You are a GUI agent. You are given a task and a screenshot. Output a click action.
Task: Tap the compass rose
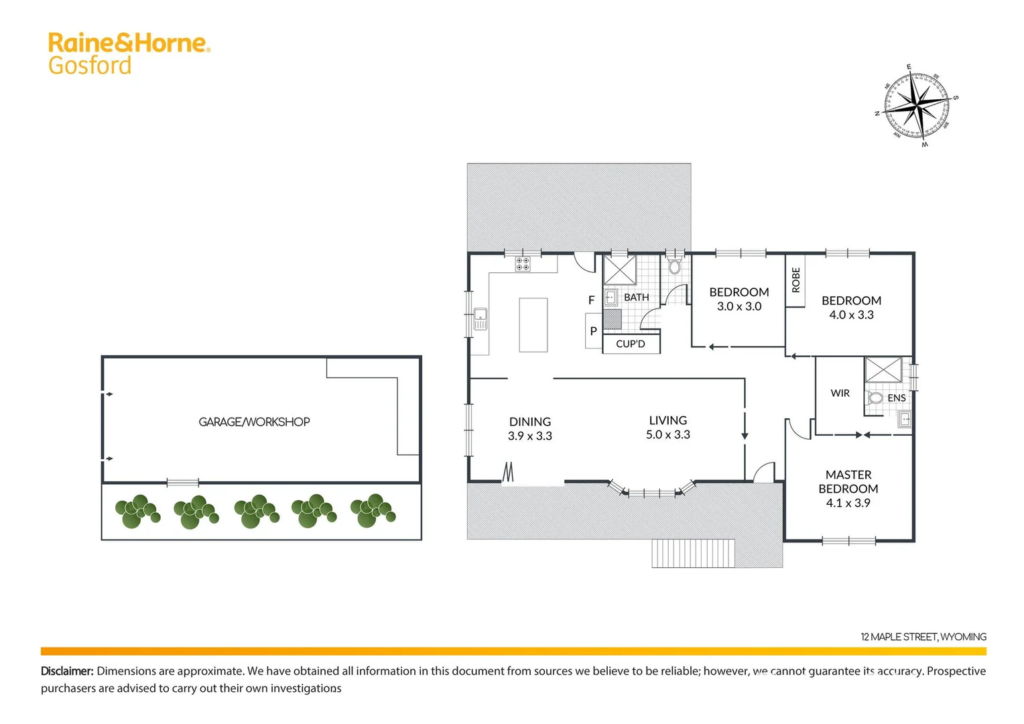(x=917, y=105)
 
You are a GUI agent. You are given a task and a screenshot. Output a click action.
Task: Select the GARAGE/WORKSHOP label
(x=254, y=422)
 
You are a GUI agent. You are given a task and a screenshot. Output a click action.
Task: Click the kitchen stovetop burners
(x=523, y=264)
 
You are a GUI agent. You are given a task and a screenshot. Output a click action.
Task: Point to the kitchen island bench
(x=533, y=325)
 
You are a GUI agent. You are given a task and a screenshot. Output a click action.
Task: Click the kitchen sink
(x=481, y=318)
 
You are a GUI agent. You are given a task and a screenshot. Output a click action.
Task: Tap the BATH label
(x=636, y=297)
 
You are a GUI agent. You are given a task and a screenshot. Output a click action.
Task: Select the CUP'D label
(x=631, y=344)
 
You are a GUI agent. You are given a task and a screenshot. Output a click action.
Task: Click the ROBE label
(x=795, y=280)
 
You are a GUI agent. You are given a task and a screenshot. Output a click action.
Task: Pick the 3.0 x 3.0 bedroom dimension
(x=739, y=306)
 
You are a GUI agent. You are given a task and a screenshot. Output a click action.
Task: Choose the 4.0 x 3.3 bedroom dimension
(x=851, y=315)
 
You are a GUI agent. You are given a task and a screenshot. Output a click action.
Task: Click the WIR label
(x=840, y=394)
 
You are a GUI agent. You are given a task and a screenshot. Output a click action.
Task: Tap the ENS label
(x=896, y=398)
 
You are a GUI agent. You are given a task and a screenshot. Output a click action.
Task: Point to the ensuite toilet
(x=875, y=398)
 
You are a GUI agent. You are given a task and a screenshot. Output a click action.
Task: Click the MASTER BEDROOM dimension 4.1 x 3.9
(x=848, y=503)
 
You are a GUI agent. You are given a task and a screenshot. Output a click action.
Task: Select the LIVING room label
(x=667, y=420)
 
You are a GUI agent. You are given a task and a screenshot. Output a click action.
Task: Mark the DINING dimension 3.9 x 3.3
(x=530, y=436)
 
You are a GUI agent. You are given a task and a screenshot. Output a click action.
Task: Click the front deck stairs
(x=693, y=553)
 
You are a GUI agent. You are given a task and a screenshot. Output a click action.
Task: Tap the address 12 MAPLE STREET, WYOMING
(x=923, y=636)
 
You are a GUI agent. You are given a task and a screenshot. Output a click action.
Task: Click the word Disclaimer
(x=67, y=671)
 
